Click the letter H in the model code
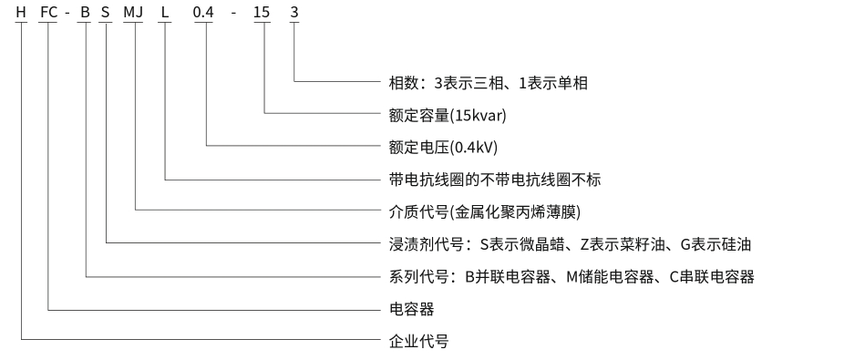pos(21,12)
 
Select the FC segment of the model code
pos(48,12)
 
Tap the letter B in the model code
pos(85,12)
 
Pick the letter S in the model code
pos(106,12)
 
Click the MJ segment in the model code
pos(133,12)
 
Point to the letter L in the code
pos(165,12)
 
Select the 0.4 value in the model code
pos(203,12)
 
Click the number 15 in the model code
pos(262,12)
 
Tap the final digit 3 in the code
pos(294,12)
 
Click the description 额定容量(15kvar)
pos(448,115)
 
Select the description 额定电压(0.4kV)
pos(444,148)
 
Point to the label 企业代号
pos(418,341)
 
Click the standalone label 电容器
pos(412,309)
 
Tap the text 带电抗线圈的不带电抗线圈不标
pos(495,180)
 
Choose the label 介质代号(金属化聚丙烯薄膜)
pos(485,211)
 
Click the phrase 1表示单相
pos(553,83)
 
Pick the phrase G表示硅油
pos(716,244)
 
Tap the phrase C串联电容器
pos(712,276)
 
